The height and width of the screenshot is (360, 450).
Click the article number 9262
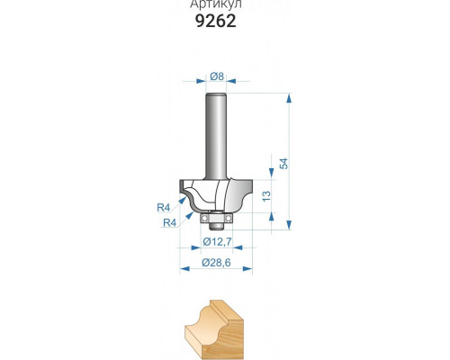pos(216,21)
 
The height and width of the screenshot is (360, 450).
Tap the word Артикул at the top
pos(216,4)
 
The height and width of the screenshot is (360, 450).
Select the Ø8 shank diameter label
pos(217,76)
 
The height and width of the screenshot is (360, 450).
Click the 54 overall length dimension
pos(283,164)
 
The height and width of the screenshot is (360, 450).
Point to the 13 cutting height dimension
pos(266,196)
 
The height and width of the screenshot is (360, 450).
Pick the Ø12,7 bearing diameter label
pos(217,241)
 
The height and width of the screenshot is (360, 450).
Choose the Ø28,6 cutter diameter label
pos(216,263)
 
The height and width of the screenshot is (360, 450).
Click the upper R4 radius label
pos(164,207)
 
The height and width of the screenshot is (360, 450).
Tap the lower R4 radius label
pos(170,222)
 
